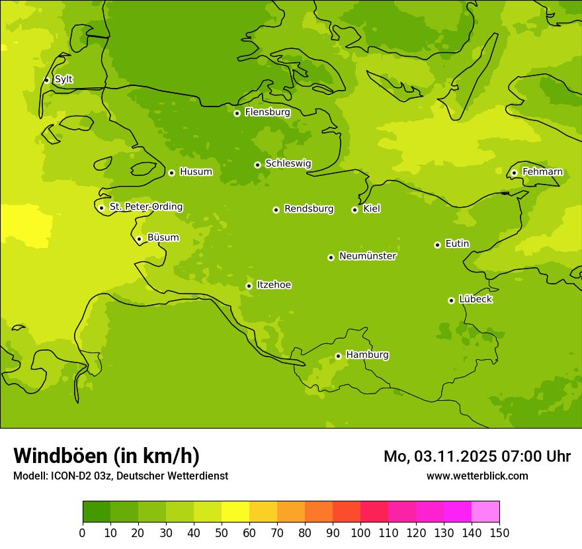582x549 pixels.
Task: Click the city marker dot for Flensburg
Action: (237, 113)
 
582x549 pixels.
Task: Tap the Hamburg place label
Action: (367, 355)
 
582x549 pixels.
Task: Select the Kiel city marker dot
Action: (354, 210)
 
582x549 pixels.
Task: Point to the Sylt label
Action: (63, 79)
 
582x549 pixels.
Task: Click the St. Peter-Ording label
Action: (145, 206)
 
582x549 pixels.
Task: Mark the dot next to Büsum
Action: (139, 239)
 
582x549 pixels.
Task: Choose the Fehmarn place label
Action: (542, 172)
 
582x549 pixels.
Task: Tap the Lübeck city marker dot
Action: (451, 300)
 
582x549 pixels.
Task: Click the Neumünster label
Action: (367, 256)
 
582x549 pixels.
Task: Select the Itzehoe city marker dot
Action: (249, 286)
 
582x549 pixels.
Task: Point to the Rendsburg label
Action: (308, 209)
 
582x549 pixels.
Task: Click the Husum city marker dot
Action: (171, 173)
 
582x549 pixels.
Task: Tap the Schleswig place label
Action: (288, 163)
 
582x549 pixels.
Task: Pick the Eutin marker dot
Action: (437, 245)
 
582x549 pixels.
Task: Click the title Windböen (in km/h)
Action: (106, 456)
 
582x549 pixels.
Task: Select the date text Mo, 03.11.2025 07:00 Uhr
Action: (477, 456)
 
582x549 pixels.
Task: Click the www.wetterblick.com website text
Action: (477, 476)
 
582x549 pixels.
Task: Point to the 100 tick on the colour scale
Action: (360, 532)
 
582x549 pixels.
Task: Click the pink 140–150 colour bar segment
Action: (485, 512)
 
